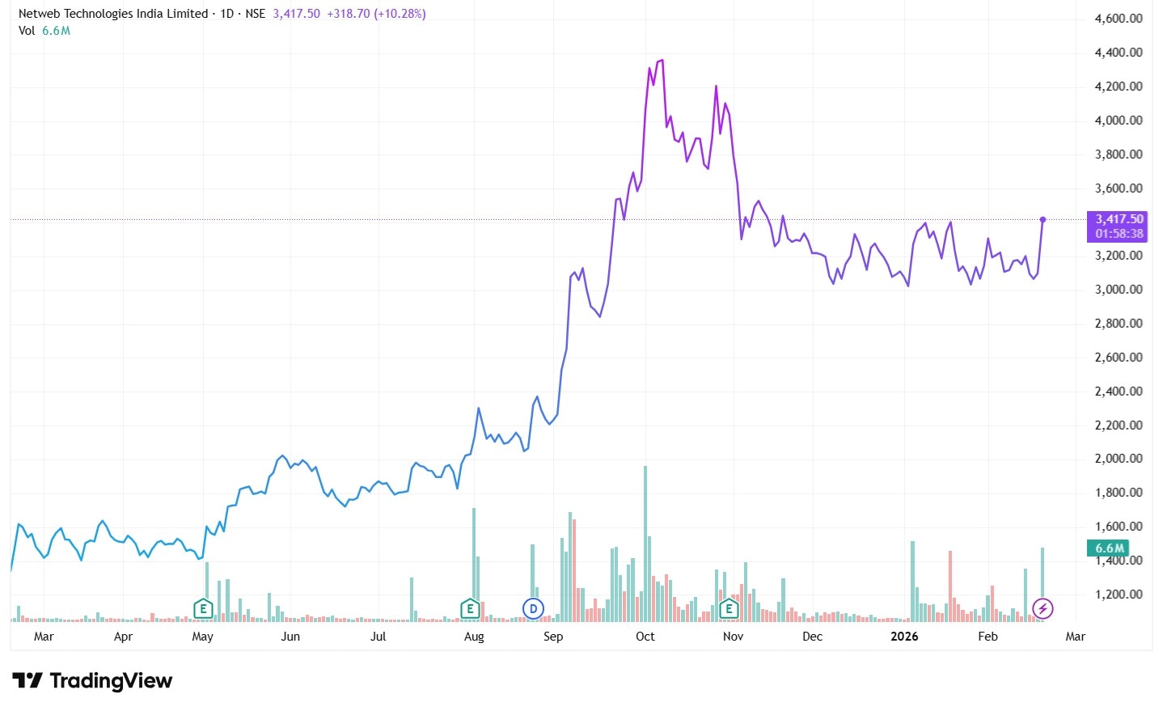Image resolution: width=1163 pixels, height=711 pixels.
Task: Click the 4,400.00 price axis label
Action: coord(1118,53)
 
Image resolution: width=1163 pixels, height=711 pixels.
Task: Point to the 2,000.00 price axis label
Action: coord(1118,459)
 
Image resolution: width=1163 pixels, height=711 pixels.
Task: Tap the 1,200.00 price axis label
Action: coord(1118,595)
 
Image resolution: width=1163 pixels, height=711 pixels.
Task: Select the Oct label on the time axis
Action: coord(645,637)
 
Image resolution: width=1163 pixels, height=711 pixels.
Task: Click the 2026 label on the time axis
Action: coord(904,637)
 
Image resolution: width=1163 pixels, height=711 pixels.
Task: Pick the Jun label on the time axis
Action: coord(290,637)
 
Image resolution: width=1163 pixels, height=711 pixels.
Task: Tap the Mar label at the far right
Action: coord(1075,637)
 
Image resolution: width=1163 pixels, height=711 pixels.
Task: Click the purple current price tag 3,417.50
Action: coord(1119,219)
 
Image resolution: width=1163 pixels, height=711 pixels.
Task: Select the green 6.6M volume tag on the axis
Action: coord(1110,548)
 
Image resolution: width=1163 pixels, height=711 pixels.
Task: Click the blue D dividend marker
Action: coord(533,608)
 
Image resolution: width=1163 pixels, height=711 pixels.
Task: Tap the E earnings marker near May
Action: coord(203,608)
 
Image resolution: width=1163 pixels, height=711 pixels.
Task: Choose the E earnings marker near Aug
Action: coord(470,608)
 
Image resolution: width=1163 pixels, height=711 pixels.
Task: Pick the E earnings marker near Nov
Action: coord(729,608)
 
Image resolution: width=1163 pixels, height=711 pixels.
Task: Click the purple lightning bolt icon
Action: coord(1043,608)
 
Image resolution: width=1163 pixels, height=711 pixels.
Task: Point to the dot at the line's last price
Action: coord(1042,219)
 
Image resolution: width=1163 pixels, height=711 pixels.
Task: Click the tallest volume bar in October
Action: coord(645,544)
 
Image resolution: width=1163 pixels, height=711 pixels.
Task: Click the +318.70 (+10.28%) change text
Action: coord(376,14)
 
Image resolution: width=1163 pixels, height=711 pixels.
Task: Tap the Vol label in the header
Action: coord(27,31)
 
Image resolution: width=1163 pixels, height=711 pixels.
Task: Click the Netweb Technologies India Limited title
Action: coord(113,14)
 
